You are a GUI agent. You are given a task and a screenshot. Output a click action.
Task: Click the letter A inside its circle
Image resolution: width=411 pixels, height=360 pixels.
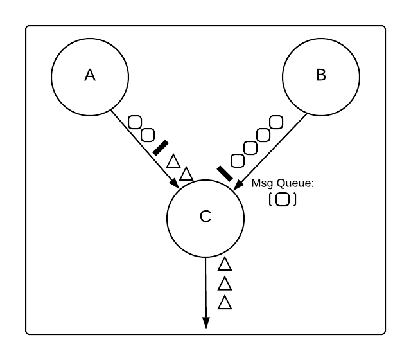point(90,75)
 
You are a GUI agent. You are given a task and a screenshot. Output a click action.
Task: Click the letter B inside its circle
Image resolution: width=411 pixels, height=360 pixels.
point(321,75)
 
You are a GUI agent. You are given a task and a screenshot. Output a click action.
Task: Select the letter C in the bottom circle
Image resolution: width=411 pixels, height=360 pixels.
point(205,217)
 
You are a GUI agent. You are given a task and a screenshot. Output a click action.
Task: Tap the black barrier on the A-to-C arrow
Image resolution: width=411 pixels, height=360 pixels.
point(161,147)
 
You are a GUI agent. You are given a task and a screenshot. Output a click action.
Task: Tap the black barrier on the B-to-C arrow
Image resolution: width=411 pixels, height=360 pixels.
point(225,173)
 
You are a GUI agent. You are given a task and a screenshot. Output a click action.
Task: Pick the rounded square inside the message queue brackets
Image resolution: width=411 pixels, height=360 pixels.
point(282,199)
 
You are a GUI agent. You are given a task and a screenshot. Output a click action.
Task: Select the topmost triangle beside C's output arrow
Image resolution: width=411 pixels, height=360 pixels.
point(225,264)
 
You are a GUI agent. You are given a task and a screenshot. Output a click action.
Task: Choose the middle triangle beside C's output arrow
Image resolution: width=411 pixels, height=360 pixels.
point(225,283)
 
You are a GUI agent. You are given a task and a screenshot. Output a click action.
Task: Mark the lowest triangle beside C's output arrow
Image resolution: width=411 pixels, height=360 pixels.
point(225,302)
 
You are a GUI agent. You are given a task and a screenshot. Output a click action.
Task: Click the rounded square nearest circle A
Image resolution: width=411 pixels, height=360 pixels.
point(135,122)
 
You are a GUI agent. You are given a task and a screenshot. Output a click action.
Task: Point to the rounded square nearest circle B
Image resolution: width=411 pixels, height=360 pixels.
point(276,121)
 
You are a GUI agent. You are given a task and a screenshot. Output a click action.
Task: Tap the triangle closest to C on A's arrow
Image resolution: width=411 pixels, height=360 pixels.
point(186,174)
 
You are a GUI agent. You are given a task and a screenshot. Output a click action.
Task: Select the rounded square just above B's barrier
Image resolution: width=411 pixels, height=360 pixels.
point(238,160)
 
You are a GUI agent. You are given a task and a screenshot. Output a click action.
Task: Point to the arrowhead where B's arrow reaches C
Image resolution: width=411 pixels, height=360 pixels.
point(236,186)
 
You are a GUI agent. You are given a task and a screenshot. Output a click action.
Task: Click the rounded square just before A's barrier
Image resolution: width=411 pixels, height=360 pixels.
point(148,134)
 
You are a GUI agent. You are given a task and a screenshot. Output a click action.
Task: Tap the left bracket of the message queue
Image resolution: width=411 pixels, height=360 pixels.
point(270,199)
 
